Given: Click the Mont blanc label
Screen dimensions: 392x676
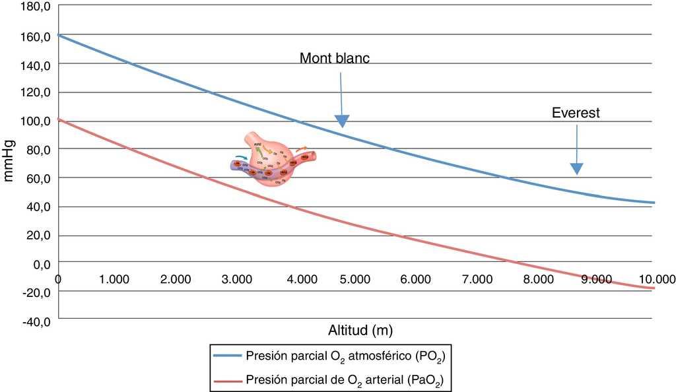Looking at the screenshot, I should tap(335, 58).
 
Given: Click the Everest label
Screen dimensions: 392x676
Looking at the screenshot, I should tap(576, 113).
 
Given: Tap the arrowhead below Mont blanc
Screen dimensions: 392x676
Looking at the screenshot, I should tap(341, 120).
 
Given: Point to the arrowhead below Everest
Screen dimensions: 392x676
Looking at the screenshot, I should tap(577, 169).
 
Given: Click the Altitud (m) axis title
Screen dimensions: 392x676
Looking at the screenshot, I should tap(356, 329).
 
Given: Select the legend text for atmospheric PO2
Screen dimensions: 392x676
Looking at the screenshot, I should tap(348, 357).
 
